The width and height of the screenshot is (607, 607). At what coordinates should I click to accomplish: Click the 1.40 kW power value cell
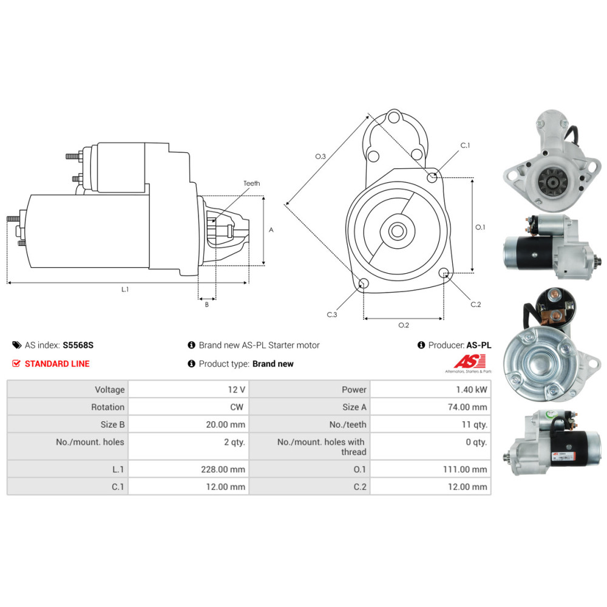click(x=471, y=390)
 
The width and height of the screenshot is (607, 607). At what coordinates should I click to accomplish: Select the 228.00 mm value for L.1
click(x=223, y=469)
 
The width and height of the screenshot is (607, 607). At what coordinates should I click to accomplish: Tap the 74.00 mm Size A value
click(x=467, y=407)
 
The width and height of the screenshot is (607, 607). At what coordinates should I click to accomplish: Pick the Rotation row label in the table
click(x=107, y=407)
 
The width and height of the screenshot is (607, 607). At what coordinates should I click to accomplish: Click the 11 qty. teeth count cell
click(x=474, y=425)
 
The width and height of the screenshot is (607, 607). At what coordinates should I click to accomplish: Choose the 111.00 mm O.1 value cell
click(x=465, y=469)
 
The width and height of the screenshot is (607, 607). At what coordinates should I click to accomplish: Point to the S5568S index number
click(x=78, y=345)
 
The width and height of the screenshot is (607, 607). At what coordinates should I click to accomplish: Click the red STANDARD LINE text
click(x=57, y=364)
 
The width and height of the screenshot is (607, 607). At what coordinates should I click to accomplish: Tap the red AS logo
click(x=470, y=362)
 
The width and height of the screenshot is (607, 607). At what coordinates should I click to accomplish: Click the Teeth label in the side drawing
click(x=252, y=183)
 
